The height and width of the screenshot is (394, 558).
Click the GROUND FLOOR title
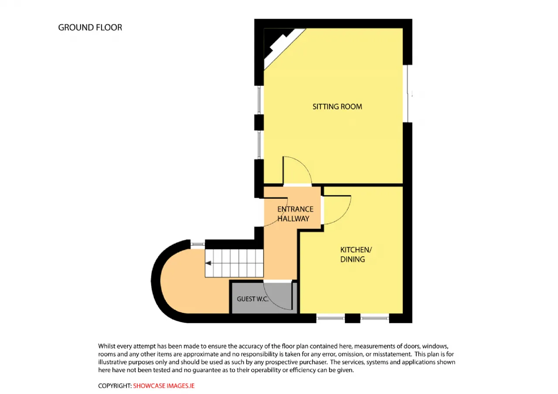[x=90, y=27]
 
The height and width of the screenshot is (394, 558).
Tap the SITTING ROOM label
[x=337, y=107]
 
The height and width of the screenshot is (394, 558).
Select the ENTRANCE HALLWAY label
[x=295, y=214]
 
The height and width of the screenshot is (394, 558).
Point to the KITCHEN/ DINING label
[x=356, y=255]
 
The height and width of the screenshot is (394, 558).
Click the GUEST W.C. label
[x=252, y=299]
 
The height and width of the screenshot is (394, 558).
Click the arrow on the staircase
[x=208, y=263]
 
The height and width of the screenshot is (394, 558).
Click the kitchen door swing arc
[x=344, y=216]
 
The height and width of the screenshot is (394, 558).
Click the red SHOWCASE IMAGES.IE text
[x=163, y=386]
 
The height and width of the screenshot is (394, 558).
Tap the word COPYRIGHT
[x=115, y=386]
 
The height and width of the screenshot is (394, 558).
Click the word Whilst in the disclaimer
[x=106, y=346]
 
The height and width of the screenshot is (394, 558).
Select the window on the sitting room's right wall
[x=408, y=94]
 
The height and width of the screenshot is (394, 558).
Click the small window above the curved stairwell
[x=197, y=245]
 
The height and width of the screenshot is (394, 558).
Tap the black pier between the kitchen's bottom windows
[x=353, y=318]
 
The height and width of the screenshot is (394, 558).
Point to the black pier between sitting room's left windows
[x=259, y=122]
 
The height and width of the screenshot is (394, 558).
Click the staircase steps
[x=234, y=263]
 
